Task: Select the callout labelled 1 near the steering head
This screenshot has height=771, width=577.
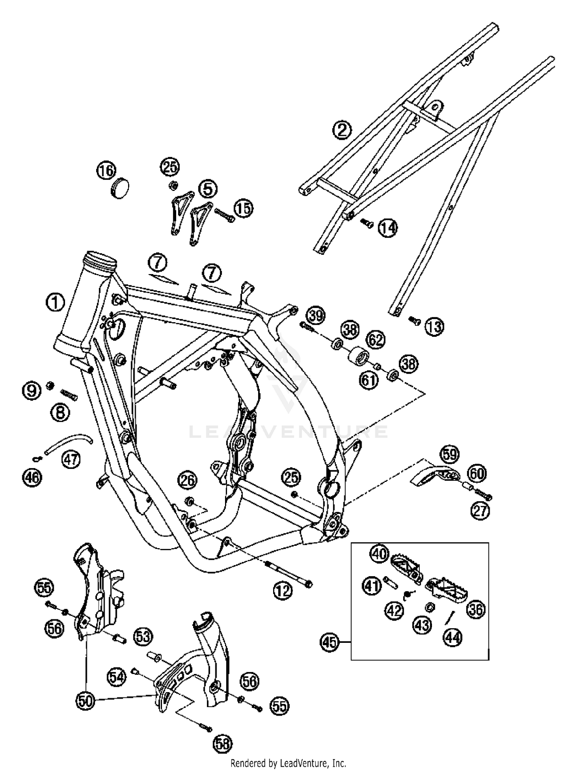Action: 55,302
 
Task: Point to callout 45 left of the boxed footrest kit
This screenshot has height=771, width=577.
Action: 330,642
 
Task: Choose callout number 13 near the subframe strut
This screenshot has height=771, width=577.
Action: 434,327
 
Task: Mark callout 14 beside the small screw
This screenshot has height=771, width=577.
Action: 387,228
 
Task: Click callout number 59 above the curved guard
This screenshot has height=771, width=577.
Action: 450,454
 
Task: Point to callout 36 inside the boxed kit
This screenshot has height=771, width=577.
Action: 476,610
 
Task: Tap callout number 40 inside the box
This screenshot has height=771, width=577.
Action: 380,554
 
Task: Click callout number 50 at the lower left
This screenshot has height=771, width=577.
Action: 85,700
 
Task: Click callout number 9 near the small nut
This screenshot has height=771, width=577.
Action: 32,391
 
